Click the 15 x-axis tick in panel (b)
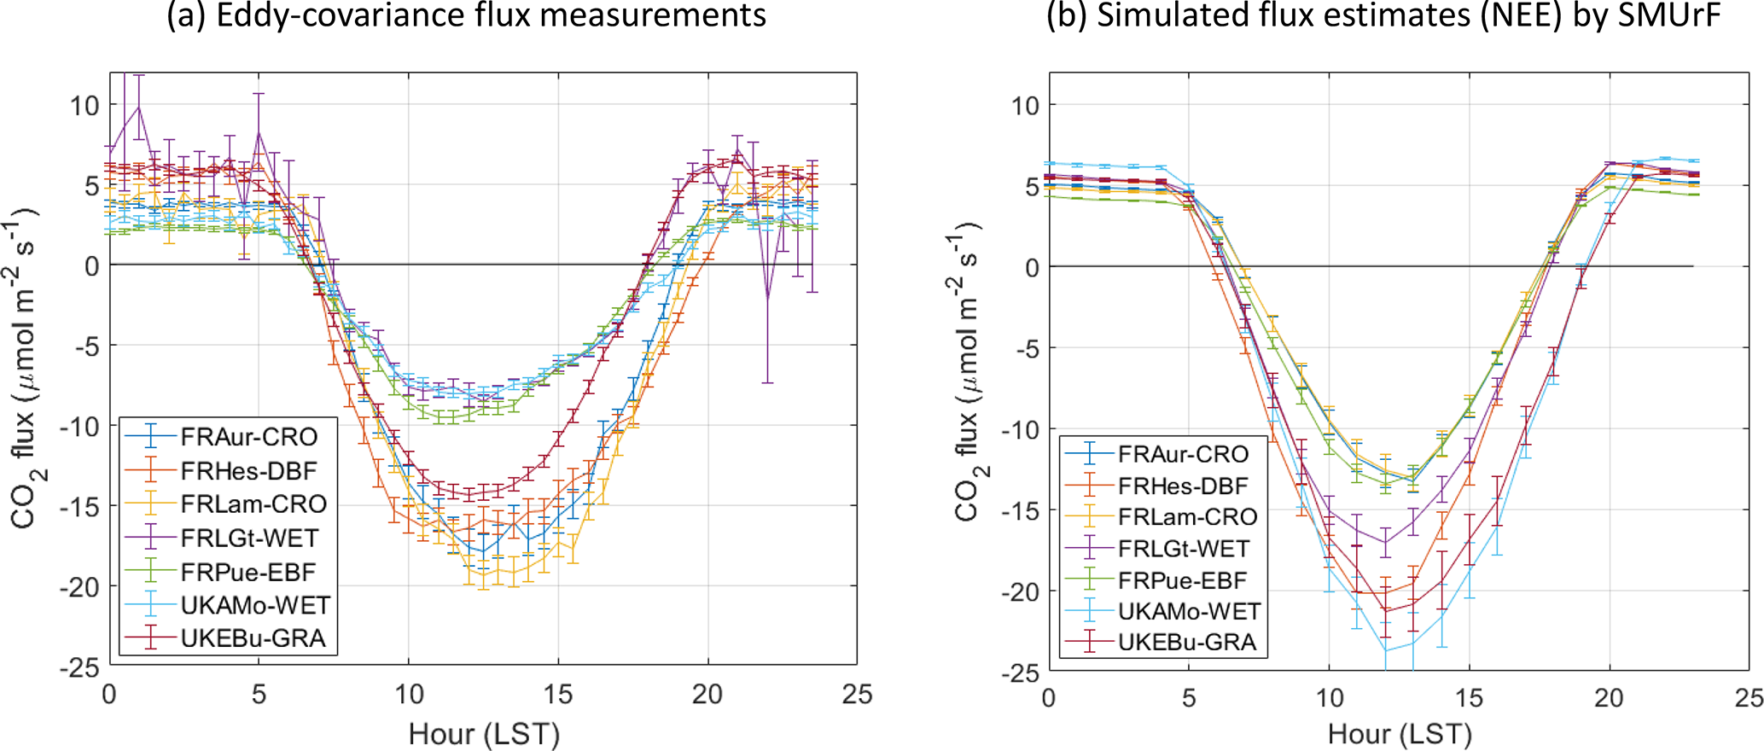1469,698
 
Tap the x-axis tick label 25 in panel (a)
857,695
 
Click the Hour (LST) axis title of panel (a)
483,734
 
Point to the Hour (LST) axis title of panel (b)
1400,734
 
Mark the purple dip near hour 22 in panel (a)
768,298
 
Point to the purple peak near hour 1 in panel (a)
138,107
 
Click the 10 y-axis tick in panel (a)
84,105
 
